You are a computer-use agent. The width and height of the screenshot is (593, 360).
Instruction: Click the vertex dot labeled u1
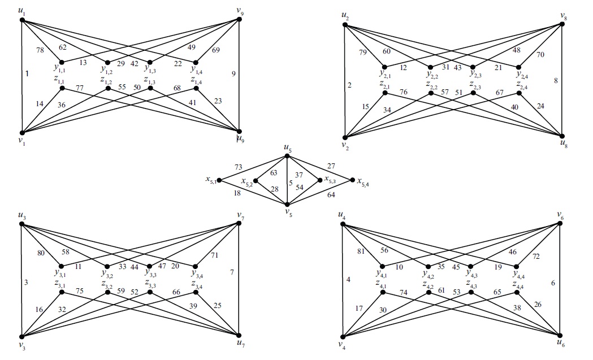[x=22, y=20]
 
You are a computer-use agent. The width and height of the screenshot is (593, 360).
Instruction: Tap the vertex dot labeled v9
[x=240, y=20]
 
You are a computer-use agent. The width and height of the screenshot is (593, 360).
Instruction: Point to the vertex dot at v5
[x=287, y=205]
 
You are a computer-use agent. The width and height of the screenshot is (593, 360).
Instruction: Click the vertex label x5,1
[x=211, y=180]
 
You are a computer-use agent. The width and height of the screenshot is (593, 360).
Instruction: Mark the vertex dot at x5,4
[x=352, y=180]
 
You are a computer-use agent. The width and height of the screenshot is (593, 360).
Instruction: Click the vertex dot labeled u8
[x=561, y=136]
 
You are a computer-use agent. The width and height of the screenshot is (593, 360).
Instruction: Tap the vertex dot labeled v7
[x=240, y=224]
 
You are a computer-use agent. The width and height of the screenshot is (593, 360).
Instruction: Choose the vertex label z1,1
[x=60, y=81]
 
